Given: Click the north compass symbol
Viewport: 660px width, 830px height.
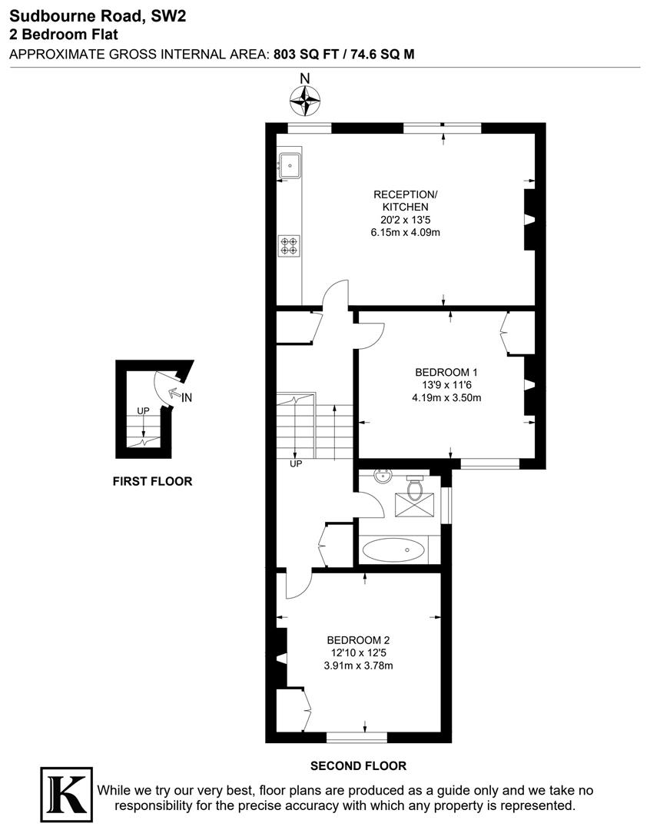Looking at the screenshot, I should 305,99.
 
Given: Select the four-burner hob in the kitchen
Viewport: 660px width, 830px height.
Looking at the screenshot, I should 290,245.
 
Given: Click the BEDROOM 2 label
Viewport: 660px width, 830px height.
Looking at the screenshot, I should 359,640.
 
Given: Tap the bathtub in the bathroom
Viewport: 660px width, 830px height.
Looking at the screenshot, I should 393,550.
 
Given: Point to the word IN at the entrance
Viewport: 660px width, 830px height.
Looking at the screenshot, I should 187,397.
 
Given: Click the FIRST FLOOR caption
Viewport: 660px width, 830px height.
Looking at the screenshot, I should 152,482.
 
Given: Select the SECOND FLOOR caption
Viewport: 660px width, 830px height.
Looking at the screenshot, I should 358,765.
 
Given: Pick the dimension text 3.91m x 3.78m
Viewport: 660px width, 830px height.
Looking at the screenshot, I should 359,666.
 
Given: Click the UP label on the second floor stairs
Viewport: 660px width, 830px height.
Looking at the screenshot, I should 296,464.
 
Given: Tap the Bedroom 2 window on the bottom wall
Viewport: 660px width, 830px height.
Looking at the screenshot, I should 357,737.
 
